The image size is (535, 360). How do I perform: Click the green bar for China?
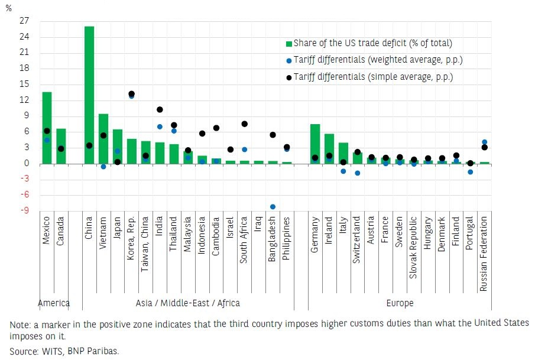pos(89,95)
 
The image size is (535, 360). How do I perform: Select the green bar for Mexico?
pos(47,128)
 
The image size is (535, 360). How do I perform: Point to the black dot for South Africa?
pos(244,124)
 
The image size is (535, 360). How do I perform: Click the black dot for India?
pos(160,109)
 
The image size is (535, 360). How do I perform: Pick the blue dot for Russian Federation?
pos(485,142)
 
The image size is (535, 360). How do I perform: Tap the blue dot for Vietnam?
pos(103,167)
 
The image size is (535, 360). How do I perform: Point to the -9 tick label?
pos(25,211)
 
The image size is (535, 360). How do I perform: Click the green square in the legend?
pos(288,44)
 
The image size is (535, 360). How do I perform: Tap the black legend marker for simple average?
pos(288,77)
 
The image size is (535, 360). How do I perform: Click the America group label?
pos(54,303)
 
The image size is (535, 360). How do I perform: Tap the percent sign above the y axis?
pos(8,8)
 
